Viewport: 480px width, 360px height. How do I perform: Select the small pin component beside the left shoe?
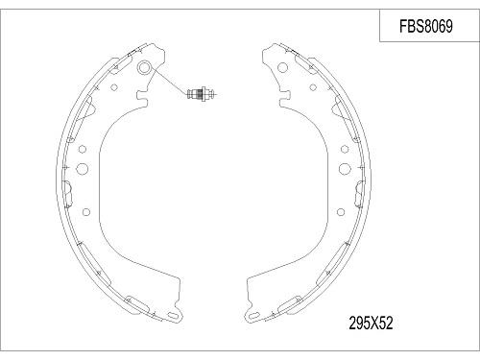pyautogui.click(x=200, y=94)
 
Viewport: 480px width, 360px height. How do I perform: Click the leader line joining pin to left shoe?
pyautogui.click(x=168, y=83)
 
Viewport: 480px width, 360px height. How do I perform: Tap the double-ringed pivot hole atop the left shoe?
pyautogui.click(x=145, y=69)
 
